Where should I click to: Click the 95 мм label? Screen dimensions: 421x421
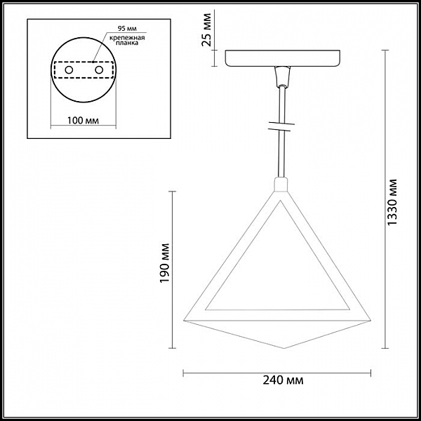click(127, 29)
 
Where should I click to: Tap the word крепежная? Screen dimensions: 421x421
click(127, 38)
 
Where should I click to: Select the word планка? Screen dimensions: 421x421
click(127, 43)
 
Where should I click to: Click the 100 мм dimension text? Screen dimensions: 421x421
click(83, 121)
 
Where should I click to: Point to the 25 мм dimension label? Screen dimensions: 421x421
click(207, 29)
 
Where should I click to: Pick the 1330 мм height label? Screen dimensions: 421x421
click(392, 203)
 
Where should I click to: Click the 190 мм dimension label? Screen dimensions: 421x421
click(165, 263)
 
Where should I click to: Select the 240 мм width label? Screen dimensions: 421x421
click(283, 380)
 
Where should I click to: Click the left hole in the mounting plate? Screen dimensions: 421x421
click(69, 70)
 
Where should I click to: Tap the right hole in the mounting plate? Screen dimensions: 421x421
click(99, 70)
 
